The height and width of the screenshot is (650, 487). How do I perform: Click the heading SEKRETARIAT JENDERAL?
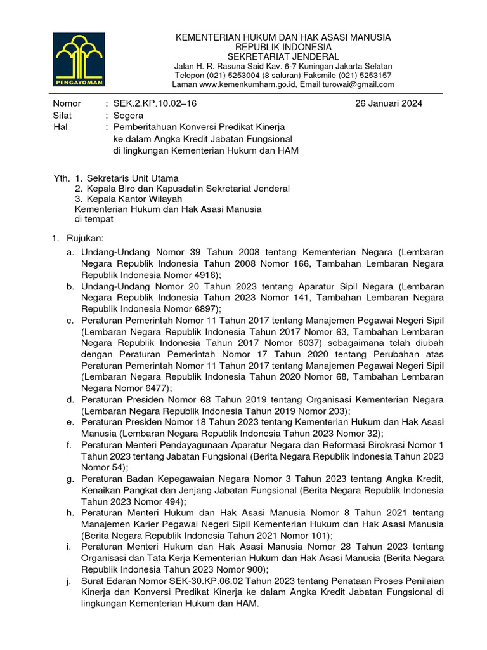(283, 56)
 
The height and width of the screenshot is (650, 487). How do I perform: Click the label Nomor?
(67, 103)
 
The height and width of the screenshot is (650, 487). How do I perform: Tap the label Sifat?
(63, 116)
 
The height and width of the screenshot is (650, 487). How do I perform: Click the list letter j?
(68, 581)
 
